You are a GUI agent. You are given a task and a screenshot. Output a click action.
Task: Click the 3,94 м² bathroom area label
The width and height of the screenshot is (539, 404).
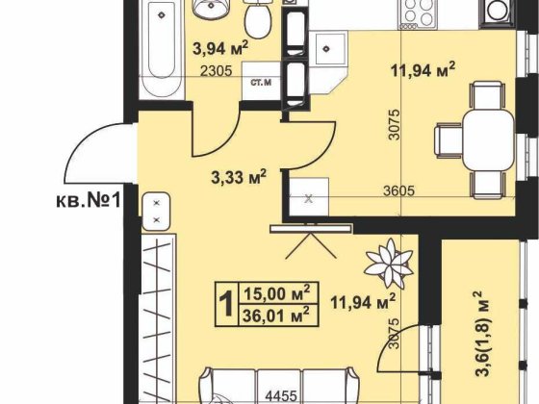click(x=220, y=48)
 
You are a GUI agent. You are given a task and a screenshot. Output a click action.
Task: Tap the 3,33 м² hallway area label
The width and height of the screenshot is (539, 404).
click(x=239, y=177)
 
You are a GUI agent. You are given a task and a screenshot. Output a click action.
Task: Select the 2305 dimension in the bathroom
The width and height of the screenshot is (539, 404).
click(x=217, y=71)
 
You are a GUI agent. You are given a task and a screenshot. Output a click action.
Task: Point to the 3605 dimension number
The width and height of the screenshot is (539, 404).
click(x=398, y=190)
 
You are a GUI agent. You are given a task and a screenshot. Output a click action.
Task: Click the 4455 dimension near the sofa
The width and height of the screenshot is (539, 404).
click(x=281, y=396)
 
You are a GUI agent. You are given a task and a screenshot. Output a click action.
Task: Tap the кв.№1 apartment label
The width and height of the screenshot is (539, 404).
click(x=89, y=201)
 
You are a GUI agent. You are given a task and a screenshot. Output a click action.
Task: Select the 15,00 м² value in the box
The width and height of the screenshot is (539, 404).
click(x=277, y=292)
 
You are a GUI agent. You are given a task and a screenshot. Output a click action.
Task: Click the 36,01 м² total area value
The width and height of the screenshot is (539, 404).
click(x=275, y=316)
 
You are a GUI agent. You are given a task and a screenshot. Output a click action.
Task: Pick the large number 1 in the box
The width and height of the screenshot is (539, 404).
click(x=226, y=304)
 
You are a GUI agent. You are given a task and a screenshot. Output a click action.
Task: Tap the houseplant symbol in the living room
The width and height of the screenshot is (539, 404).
click(x=389, y=264)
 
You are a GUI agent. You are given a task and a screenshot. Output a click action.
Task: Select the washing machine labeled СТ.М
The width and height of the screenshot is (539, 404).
click(x=261, y=82)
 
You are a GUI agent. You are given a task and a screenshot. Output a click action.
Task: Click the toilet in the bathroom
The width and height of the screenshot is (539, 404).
click(x=257, y=15)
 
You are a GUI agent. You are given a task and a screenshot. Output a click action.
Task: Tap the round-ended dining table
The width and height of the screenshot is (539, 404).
click(x=489, y=139)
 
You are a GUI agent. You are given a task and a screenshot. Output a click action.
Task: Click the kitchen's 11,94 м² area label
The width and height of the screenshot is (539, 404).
click(x=423, y=70)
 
